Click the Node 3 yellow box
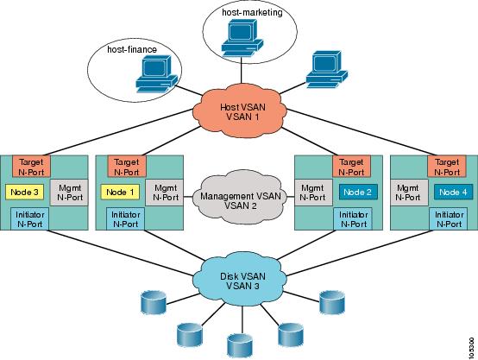(x=24, y=193)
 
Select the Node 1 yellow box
(x=120, y=193)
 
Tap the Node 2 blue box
(x=358, y=193)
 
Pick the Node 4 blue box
(x=454, y=193)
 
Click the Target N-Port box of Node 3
(x=31, y=167)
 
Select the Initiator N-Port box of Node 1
(x=126, y=218)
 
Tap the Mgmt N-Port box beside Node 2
(x=313, y=193)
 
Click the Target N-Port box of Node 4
(x=447, y=167)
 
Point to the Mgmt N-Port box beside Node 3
(x=69, y=193)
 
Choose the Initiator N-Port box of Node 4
(x=449, y=218)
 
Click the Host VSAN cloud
(x=240, y=111)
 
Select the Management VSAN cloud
(x=241, y=197)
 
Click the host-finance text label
(x=132, y=49)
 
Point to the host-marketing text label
(x=252, y=12)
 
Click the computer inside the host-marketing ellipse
(x=242, y=38)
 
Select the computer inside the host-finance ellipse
(x=156, y=74)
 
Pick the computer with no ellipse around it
(x=326, y=70)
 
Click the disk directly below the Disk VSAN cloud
(x=240, y=345)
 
